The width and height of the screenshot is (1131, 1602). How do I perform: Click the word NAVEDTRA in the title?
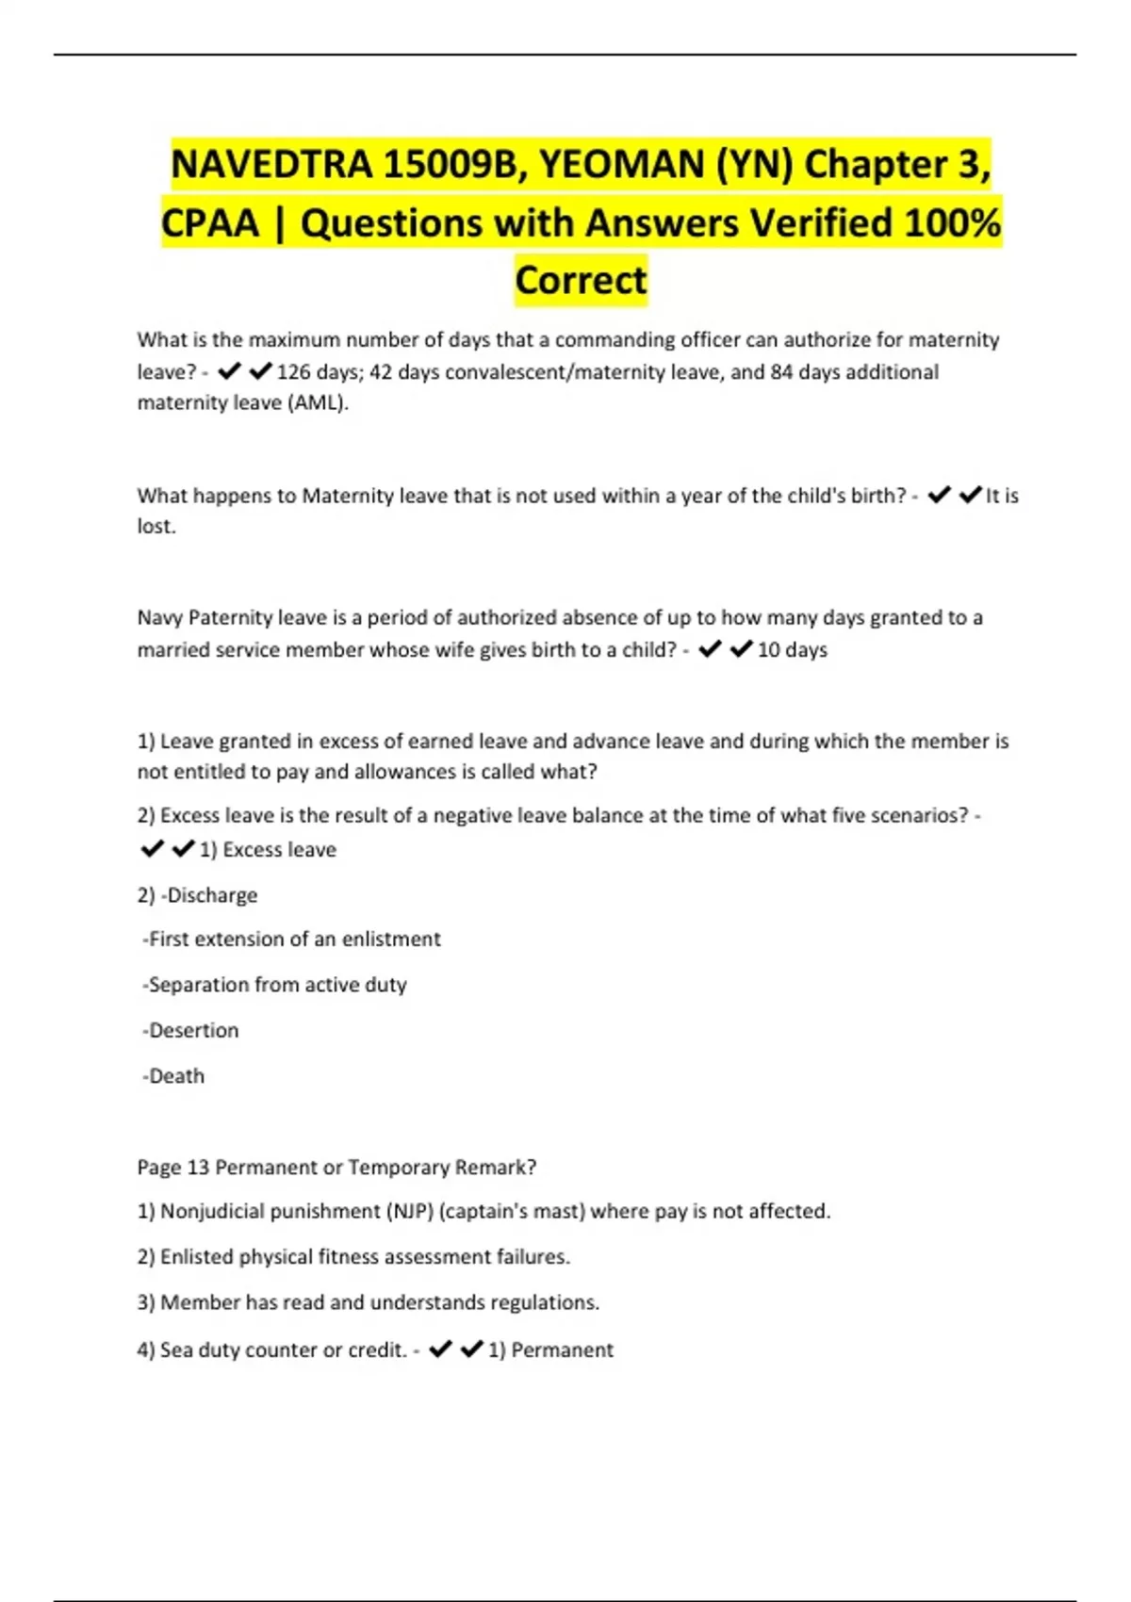(x=271, y=165)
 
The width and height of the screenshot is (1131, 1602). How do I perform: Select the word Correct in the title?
(x=581, y=280)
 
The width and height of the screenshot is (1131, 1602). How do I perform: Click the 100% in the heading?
(x=952, y=223)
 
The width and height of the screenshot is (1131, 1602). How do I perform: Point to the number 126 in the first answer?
(x=293, y=372)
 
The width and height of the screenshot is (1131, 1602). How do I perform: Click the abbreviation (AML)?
(x=318, y=403)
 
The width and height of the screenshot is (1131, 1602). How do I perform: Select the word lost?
(x=156, y=526)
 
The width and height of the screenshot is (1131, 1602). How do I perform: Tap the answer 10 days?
(x=792, y=650)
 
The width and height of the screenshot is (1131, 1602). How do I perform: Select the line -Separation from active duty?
(x=274, y=985)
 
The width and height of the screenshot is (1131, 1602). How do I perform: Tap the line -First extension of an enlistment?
(x=291, y=940)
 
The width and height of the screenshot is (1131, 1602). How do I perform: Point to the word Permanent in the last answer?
(x=562, y=1350)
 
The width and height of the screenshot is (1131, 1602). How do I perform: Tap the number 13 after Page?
(x=198, y=1168)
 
